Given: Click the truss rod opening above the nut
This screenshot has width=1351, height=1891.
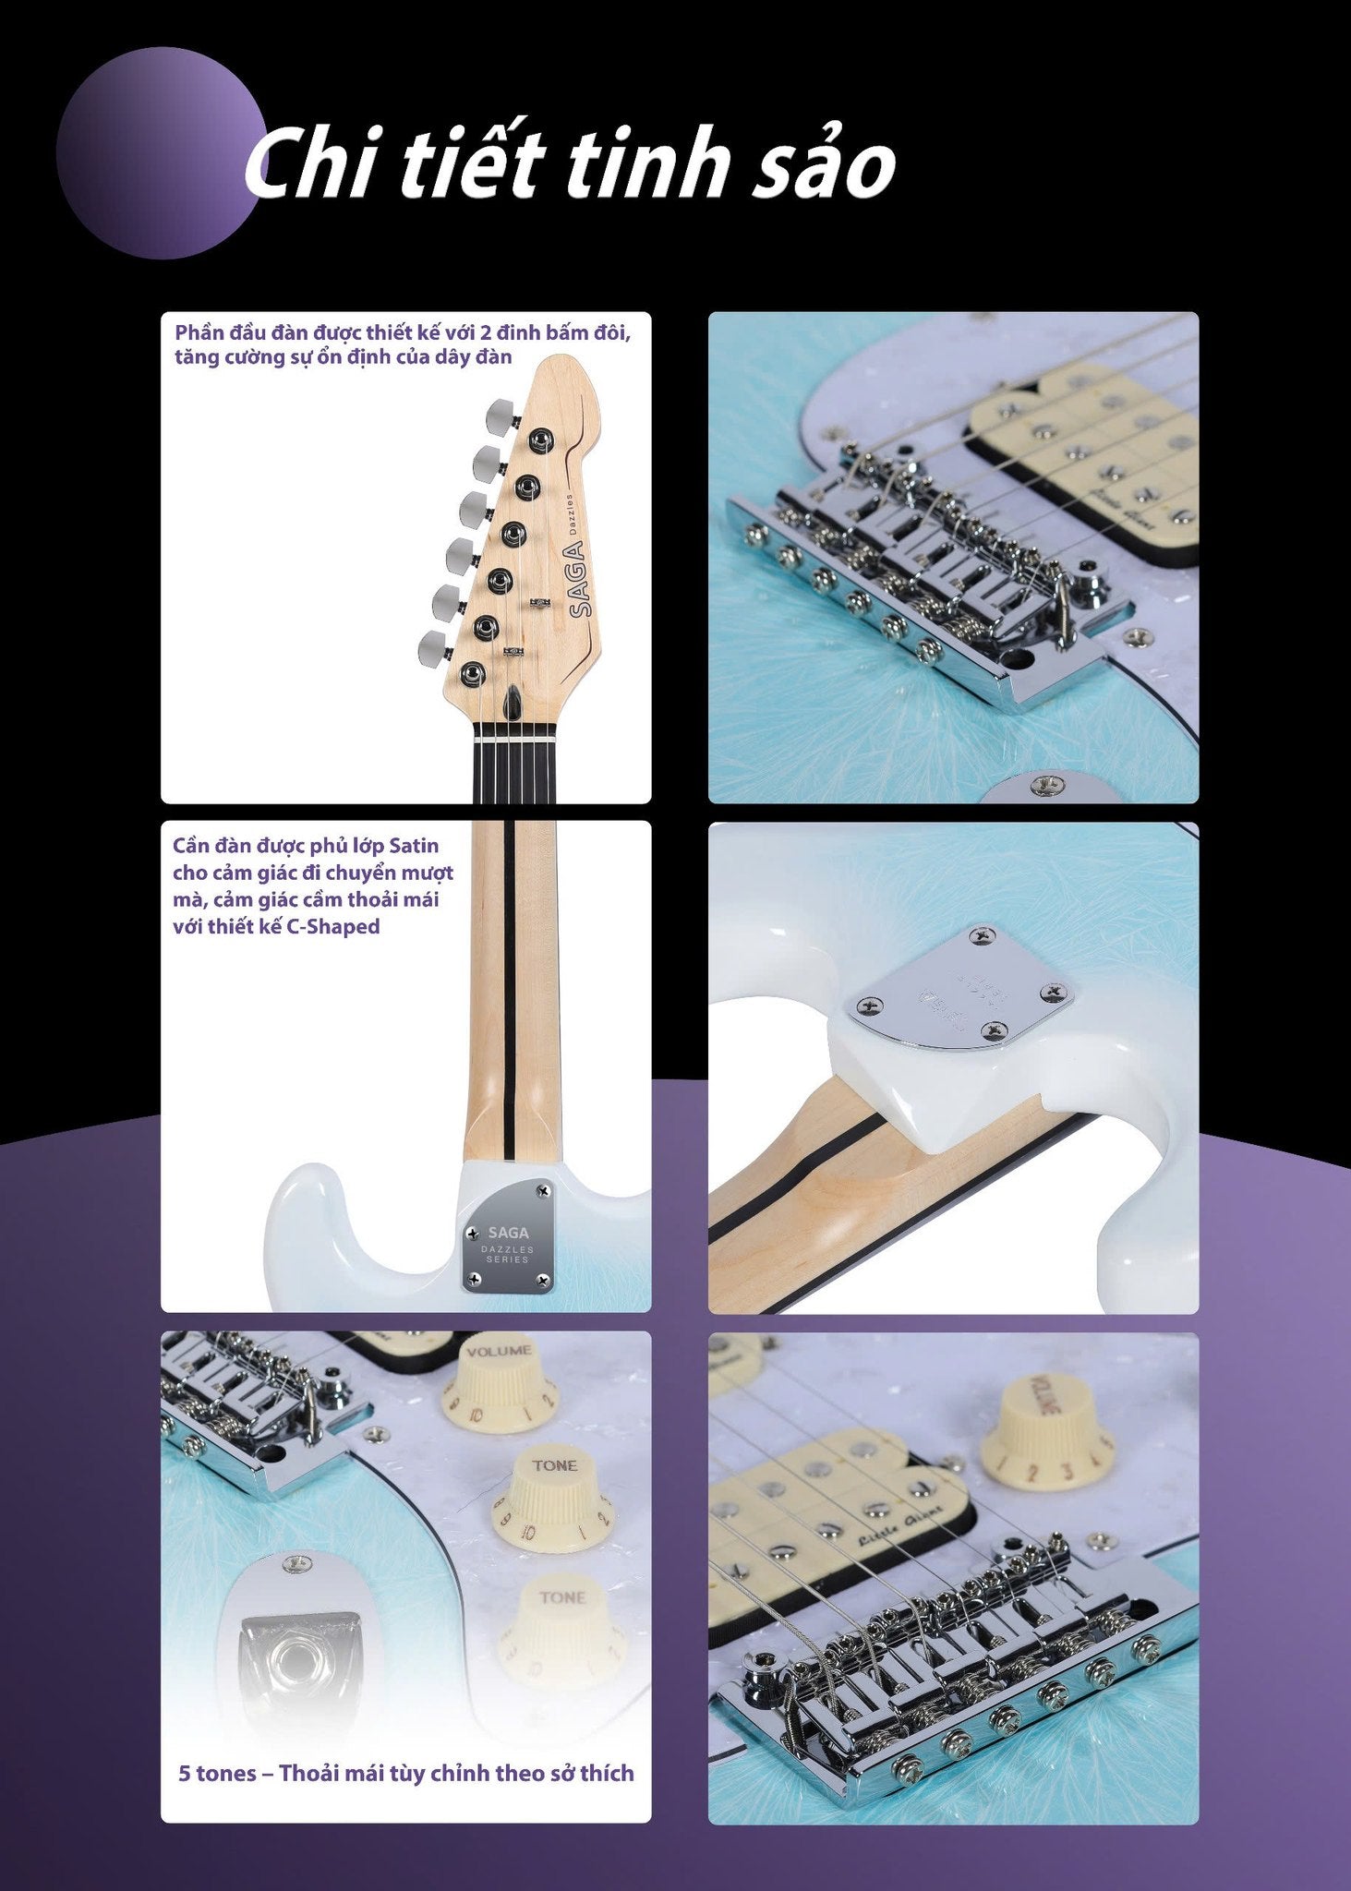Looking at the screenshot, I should coord(513,707).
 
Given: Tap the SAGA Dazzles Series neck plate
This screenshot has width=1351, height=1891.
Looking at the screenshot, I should coord(509,1236).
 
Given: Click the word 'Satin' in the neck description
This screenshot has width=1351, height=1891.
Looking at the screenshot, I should coord(414,846).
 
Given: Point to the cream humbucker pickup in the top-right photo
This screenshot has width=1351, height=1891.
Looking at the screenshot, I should coord(1090,457).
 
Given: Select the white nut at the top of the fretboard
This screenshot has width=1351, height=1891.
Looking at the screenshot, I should coord(513,740).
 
